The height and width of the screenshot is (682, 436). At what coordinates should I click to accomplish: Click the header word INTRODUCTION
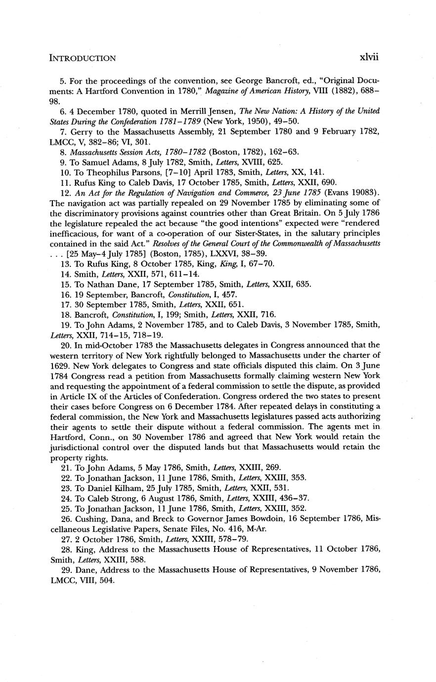(83, 58)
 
